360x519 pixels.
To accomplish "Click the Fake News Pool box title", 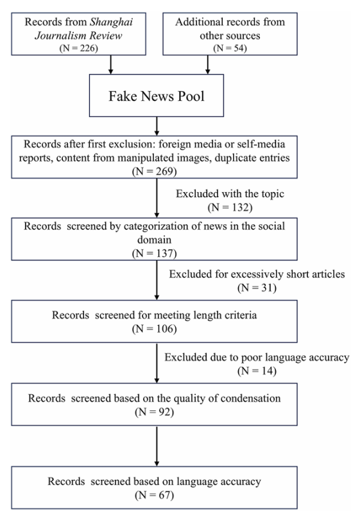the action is [157, 96].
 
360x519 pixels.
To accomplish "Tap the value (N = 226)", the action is [79, 48].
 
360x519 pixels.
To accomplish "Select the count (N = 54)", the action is [230, 48].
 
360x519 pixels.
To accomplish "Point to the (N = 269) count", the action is [155, 171].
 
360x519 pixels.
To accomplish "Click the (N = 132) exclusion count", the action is [230, 207].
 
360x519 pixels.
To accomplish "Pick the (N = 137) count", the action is [155, 253].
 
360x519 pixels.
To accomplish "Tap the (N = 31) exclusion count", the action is [257, 288].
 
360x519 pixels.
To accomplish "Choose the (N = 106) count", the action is [155, 329].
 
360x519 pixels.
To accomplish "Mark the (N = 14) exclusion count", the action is [257, 371].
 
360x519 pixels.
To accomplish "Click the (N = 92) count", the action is [155, 412].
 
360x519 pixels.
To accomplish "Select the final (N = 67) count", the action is [155, 495].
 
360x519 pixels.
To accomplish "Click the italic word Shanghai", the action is [112, 22].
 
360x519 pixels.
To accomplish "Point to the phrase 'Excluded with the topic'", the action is [230, 193].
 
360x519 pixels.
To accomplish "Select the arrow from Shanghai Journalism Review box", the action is [111, 64].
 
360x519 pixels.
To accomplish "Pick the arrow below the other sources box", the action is [208, 64].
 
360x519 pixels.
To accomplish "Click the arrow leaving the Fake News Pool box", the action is [157, 126].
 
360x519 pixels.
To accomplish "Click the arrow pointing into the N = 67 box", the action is [157, 446].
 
